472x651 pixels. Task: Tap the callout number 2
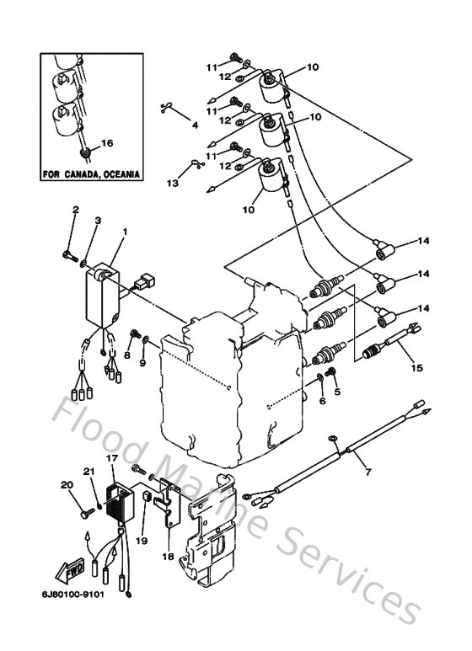(x=75, y=209)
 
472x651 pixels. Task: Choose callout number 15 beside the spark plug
(x=415, y=366)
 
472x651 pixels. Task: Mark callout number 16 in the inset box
(x=107, y=143)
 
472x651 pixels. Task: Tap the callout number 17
(x=110, y=457)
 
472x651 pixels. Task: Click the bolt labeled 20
(x=84, y=508)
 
